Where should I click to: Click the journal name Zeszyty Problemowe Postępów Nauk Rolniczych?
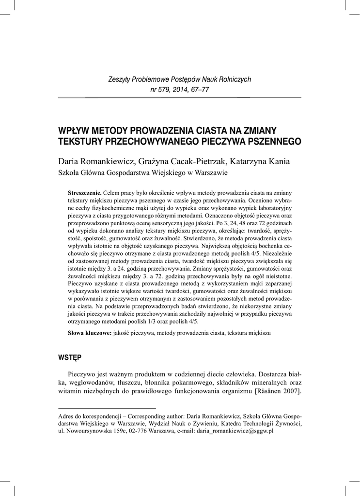[179, 79]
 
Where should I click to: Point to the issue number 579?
[166, 90]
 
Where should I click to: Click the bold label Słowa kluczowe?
[90, 334]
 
